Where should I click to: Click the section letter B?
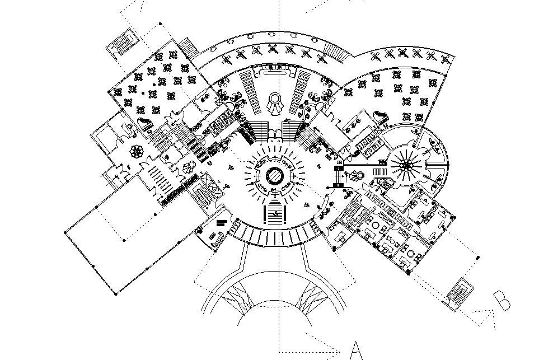503,300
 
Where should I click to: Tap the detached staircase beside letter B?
458,292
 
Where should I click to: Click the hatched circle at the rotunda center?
275,175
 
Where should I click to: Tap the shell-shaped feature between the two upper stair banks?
275,102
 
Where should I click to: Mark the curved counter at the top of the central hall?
275,71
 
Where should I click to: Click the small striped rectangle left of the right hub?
381,171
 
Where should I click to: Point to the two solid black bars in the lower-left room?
221,223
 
